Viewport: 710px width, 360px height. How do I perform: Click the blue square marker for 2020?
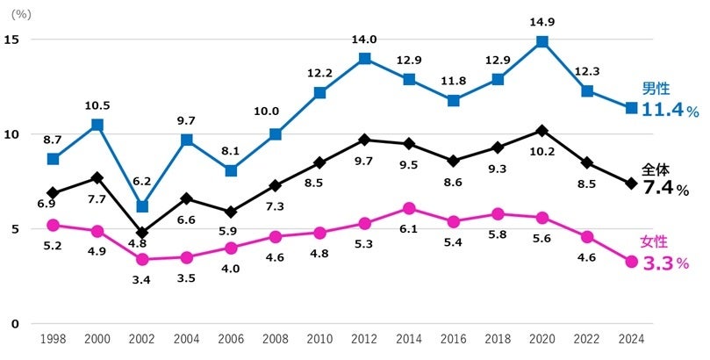click(542, 41)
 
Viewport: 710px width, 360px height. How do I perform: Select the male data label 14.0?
click(364, 39)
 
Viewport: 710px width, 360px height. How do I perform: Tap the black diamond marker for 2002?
click(142, 233)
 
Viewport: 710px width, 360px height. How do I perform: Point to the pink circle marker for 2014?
click(409, 208)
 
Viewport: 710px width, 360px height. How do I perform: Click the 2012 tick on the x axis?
click(364, 339)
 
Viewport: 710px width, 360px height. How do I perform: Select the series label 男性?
click(656, 89)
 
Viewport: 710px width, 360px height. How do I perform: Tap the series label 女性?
click(656, 241)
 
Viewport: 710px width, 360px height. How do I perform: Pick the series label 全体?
click(656, 167)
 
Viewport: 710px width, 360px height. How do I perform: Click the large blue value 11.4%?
click(671, 111)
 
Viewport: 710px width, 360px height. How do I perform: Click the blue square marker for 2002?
click(142, 206)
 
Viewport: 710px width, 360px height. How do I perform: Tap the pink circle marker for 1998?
click(53, 225)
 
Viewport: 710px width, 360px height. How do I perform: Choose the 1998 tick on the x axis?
click(53, 339)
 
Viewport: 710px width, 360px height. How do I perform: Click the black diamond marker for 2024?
click(631, 184)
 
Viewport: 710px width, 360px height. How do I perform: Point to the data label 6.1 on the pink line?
click(409, 228)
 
